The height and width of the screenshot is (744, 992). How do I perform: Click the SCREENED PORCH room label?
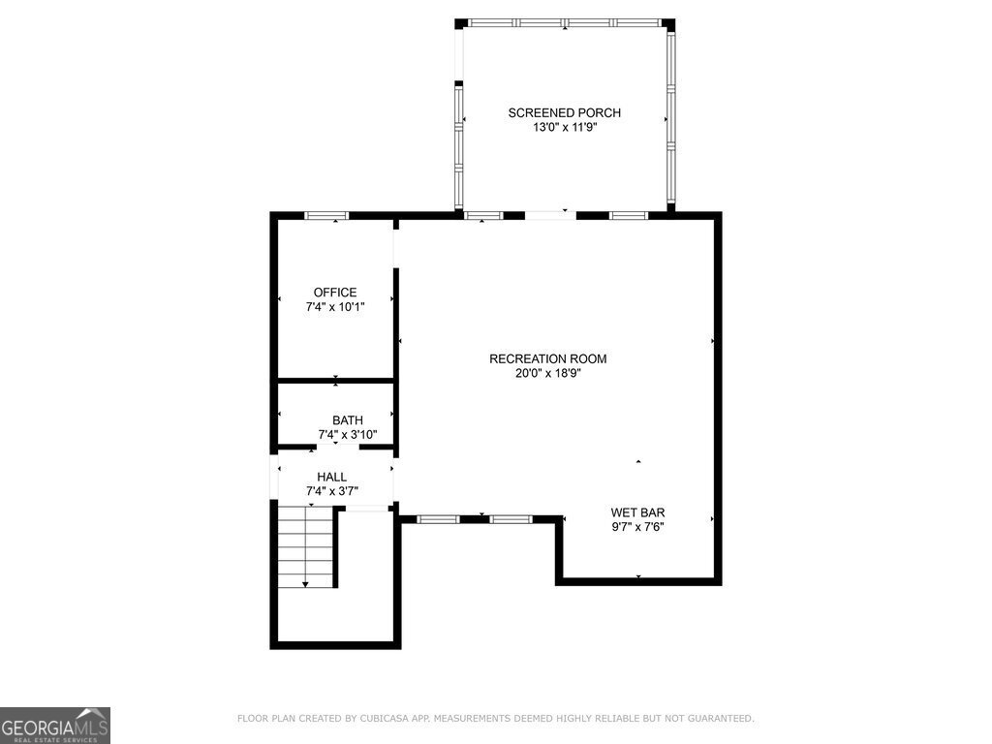(564, 113)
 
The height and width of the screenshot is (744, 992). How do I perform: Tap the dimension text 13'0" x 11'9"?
(564, 127)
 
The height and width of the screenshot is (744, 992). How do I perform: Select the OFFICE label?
(335, 293)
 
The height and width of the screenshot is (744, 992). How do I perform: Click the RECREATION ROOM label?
(547, 358)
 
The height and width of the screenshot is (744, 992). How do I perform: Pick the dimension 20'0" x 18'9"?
(547, 372)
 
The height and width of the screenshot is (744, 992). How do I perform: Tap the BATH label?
(348, 420)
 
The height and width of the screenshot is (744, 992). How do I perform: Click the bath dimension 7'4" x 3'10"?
(348, 435)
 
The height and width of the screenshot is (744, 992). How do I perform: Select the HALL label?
(331, 477)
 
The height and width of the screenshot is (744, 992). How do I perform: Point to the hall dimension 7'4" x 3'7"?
(331, 491)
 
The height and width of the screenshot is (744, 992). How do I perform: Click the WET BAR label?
(637, 512)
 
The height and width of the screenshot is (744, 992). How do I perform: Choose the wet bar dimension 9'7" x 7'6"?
(637, 527)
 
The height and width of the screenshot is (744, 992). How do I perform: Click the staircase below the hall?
(305, 547)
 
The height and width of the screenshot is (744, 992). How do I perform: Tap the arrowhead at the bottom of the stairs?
(305, 583)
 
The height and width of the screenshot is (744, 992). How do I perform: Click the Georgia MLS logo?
(55, 725)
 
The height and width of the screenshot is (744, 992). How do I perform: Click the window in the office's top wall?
(326, 215)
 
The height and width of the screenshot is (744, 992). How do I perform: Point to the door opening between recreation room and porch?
(550, 214)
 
